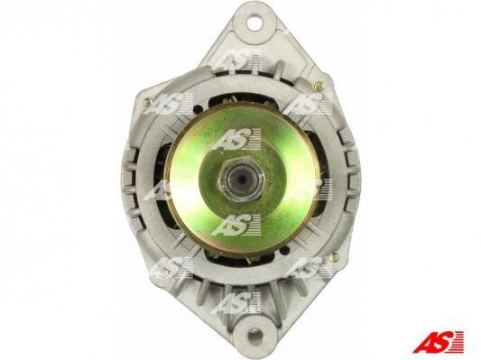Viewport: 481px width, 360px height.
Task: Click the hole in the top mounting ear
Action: coord(254,23)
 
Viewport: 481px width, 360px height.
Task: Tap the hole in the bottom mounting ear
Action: coord(254,335)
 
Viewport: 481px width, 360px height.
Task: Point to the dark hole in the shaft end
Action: coord(240,179)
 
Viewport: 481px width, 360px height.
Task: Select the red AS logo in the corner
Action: coord(438,342)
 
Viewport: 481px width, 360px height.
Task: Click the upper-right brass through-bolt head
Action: coord(319,86)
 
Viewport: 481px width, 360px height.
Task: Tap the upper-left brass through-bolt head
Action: coord(148,101)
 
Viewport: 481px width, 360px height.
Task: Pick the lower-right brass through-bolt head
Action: coord(335,257)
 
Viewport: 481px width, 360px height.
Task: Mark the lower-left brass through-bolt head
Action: coord(164,272)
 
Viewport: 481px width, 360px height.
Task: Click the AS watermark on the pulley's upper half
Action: coord(236,140)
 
